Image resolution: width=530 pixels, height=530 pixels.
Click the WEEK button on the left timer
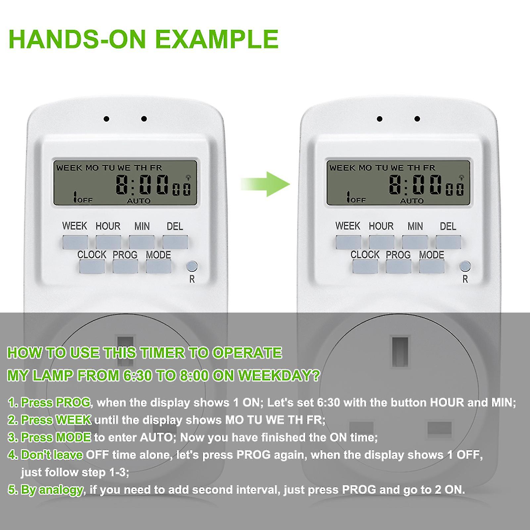[75, 242]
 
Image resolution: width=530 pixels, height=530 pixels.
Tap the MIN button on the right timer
[415, 242]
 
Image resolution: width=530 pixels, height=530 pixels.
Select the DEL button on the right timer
[448, 242]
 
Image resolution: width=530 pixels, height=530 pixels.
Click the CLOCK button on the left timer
[92, 266]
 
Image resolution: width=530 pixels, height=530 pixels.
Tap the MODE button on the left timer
[159, 266]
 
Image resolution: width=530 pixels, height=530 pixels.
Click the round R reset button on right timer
[465, 266]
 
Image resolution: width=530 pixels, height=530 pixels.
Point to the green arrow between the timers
[265, 184]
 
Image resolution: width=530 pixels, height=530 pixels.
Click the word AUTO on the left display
[138, 201]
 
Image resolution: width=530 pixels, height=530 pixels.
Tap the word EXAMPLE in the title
[217, 39]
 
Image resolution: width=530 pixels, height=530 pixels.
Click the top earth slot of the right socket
[400, 352]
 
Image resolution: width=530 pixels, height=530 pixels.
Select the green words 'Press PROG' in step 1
[55, 403]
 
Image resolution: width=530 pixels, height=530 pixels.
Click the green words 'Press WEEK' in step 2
[56, 420]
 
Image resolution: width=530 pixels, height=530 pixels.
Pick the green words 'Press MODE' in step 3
[56, 437]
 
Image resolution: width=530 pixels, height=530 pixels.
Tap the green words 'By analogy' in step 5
[52, 490]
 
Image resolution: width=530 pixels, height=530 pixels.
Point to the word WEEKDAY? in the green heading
[279, 375]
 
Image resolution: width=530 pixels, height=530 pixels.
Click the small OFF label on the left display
[85, 200]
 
